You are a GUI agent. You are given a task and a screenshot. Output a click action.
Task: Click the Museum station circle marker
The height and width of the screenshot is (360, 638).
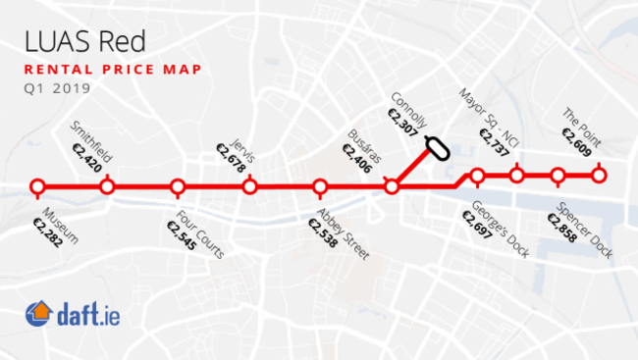click(37, 186)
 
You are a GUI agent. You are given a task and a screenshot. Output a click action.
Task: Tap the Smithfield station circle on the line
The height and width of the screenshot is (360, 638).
click(108, 186)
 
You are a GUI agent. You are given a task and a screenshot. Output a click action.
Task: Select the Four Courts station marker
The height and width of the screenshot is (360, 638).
click(178, 186)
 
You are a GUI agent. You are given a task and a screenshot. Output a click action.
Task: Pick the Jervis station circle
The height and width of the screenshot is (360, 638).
click(249, 186)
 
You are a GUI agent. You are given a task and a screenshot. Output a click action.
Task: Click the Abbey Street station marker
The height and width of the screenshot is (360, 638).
click(319, 186)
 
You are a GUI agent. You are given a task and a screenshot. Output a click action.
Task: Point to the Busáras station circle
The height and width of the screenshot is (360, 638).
click(391, 186)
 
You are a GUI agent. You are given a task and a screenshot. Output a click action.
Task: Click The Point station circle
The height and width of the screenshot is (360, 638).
click(599, 176)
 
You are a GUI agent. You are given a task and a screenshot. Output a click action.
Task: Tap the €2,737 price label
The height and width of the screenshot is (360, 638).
click(493, 144)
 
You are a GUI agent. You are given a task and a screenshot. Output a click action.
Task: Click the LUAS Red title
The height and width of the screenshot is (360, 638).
click(78, 42)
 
